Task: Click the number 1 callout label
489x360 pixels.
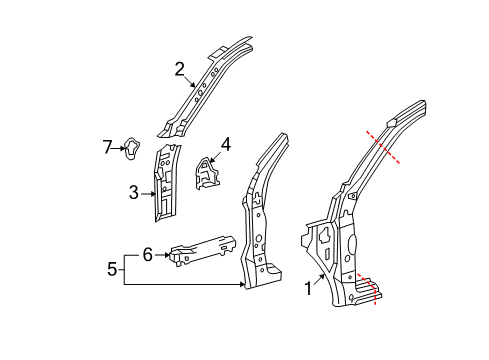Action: [x=309, y=290]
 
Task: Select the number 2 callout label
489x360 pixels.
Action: [x=180, y=69]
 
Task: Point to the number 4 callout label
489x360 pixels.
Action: [x=225, y=144]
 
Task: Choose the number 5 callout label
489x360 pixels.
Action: [x=112, y=268]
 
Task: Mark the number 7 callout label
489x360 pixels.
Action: [x=108, y=149]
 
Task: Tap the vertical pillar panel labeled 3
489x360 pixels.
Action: [x=166, y=180]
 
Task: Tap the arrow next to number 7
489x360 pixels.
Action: [x=119, y=149]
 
